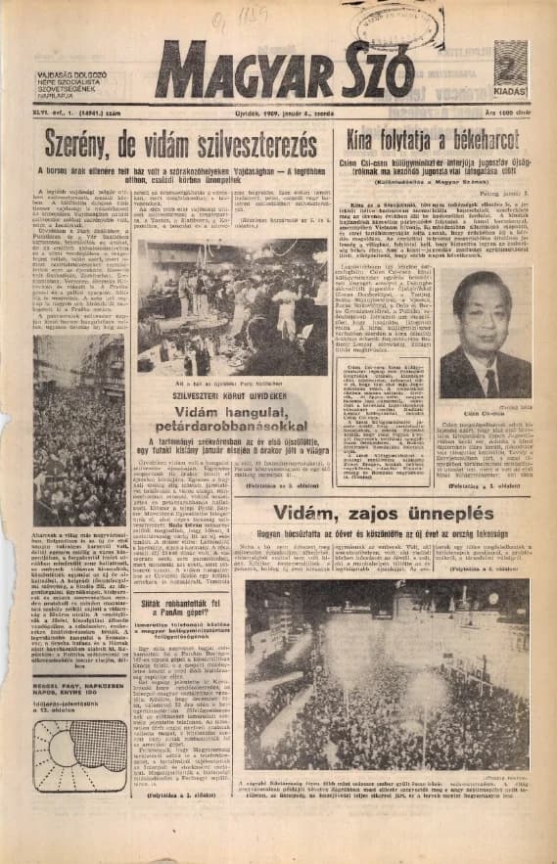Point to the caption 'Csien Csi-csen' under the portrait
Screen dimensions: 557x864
tap(484, 414)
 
